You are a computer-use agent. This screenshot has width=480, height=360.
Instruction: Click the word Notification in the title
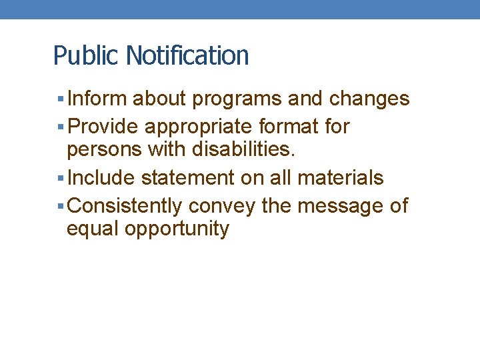click(187, 55)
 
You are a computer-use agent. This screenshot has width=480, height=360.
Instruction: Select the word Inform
click(97, 99)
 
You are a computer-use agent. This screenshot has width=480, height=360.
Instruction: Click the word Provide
click(105, 127)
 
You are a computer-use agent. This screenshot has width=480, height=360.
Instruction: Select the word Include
click(101, 178)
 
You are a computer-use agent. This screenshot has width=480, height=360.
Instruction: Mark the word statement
click(187, 178)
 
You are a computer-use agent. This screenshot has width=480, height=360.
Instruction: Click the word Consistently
click(125, 206)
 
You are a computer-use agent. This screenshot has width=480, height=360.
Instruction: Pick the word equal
click(91, 230)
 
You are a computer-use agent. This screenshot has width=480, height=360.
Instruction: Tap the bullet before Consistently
click(61, 206)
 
